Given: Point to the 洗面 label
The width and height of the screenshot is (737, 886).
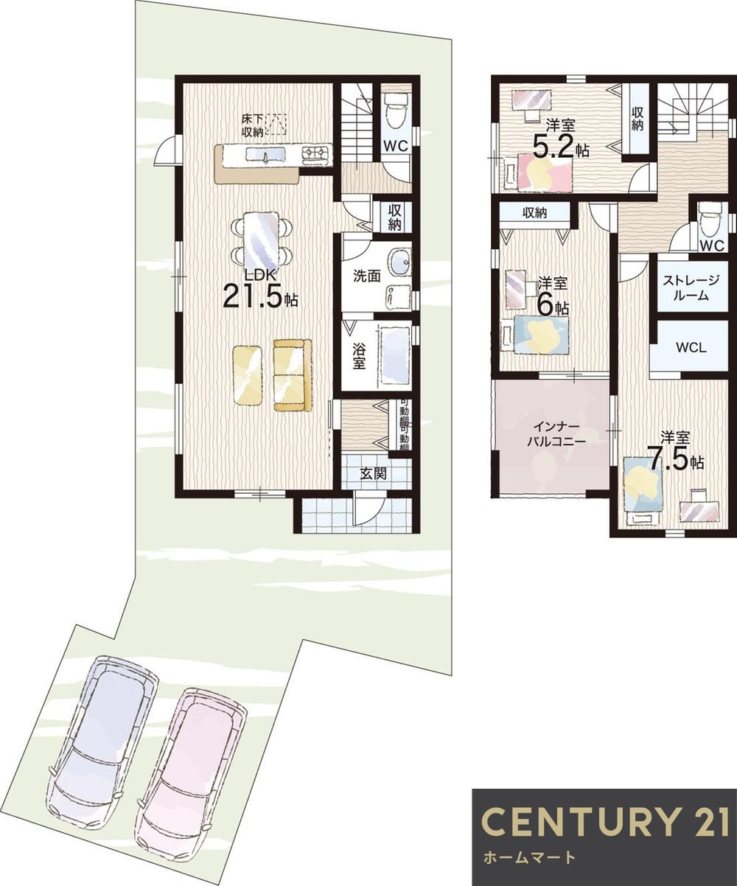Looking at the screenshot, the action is (367, 276).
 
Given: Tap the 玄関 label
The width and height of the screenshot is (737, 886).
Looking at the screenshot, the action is (374, 474).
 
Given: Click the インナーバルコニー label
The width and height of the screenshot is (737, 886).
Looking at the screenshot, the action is (556, 434).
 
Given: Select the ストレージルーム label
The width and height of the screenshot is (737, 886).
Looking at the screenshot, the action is (691, 287).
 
